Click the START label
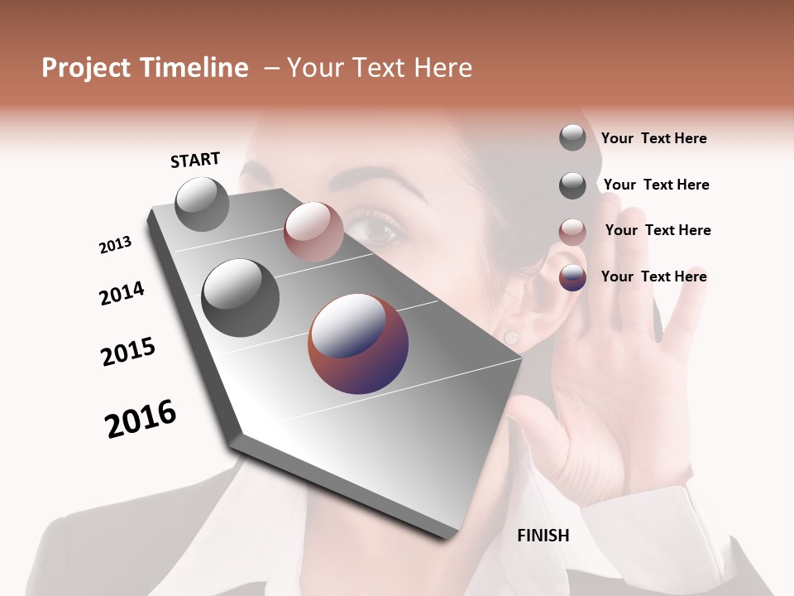pos(195,160)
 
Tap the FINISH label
pos(543,536)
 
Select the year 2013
pos(115,245)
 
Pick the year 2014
pos(122,293)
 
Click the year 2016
pos(141,419)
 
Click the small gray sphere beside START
pos(203,204)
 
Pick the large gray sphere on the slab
pos(241,297)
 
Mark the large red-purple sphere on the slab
pos(358,344)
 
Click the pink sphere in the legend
pos(572,232)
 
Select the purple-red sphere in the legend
pos(572,277)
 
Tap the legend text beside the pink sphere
pos(658,230)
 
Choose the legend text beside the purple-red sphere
pos(653,276)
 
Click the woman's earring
pos(511,335)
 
